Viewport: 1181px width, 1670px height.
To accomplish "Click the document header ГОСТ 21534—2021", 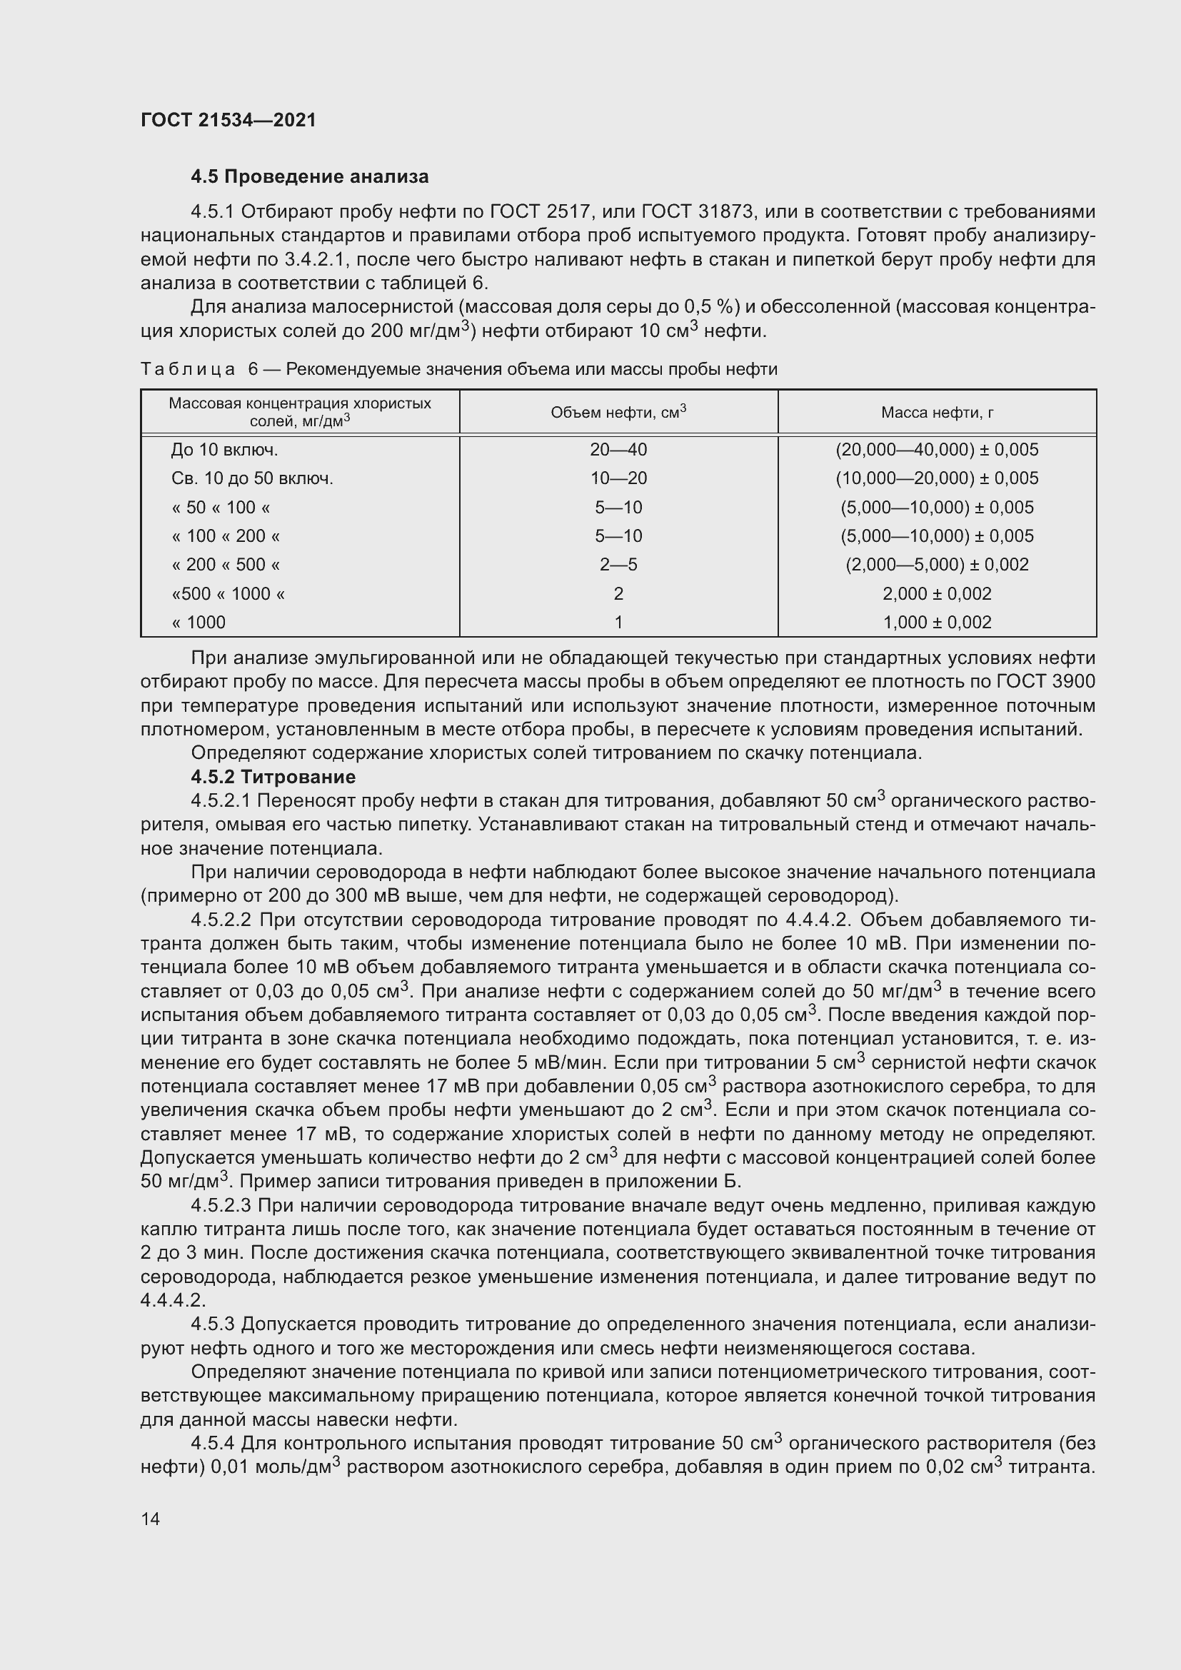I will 228,120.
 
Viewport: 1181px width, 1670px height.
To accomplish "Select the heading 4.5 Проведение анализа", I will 309,177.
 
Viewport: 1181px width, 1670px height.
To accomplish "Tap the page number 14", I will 151,1518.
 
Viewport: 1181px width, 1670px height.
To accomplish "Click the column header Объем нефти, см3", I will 618,413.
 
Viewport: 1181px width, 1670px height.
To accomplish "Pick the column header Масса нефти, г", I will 937,413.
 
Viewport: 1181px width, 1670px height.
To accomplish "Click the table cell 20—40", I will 618,450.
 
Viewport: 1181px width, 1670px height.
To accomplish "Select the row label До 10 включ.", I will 225,450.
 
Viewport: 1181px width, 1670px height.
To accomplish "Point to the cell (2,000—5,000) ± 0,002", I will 937,565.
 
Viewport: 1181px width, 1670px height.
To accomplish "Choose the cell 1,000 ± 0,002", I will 937,622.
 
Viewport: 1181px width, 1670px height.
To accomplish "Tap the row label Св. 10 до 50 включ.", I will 251,478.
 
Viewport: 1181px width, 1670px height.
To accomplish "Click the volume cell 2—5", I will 618,565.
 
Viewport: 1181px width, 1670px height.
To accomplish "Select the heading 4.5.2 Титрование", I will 273,777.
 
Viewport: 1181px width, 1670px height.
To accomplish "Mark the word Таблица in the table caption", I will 188,370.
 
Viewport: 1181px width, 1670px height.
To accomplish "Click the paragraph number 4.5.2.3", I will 221,1206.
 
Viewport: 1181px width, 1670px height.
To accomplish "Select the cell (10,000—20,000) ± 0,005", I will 937,478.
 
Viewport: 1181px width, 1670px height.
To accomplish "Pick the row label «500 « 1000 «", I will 228,593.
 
